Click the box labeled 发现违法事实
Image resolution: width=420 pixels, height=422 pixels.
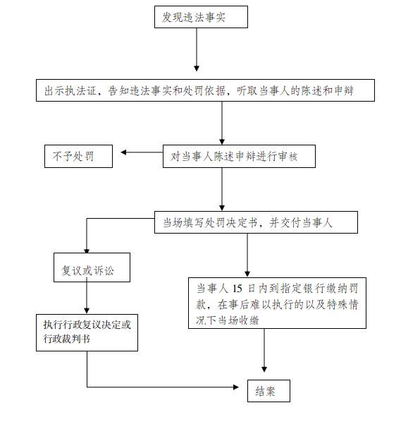click(x=201, y=17)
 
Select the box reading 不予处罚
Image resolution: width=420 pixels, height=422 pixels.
click(x=78, y=157)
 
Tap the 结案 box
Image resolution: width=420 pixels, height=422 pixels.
click(x=268, y=391)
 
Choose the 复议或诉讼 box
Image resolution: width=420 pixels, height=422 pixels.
click(x=92, y=267)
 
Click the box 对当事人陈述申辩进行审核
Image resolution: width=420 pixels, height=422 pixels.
click(x=239, y=157)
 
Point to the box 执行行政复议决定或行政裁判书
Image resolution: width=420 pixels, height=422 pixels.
click(x=87, y=332)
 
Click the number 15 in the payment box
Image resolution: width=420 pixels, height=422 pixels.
click(x=237, y=289)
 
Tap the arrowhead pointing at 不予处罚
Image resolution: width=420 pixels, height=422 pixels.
click(x=123, y=152)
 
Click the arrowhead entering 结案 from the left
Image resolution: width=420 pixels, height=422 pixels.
click(x=235, y=387)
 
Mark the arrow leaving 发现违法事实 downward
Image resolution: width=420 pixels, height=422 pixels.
click(x=197, y=49)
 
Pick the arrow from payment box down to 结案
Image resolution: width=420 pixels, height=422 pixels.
click(x=264, y=351)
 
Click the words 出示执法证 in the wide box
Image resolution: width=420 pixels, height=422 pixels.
click(x=70, y=91)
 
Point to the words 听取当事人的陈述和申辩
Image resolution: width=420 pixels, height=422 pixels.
click(x=295, y=91)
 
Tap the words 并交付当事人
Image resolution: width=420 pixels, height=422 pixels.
click(x=301, y=223)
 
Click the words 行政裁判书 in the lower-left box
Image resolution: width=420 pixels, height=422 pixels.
click(x=67, y=339)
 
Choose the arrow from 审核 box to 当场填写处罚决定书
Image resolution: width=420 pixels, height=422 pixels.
click(x=222, y=189)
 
